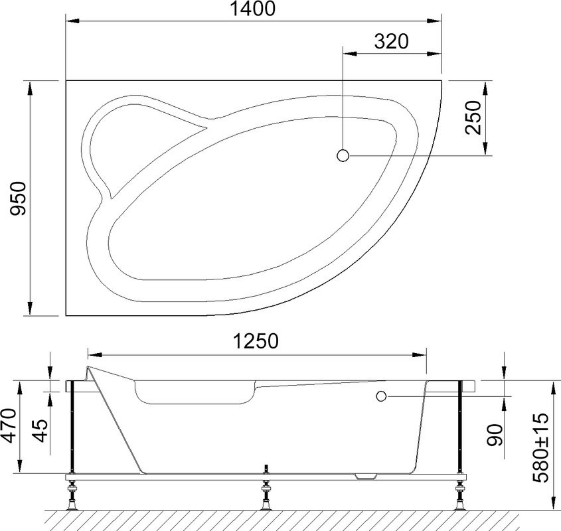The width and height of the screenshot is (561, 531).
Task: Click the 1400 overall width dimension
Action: [x=252, y=10]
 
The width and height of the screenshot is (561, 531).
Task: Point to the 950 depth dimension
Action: [x=16, y=198]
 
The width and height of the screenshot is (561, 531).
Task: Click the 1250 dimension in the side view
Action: [x=256, y=341]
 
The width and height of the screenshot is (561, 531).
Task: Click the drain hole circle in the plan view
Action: [x=343, y=155]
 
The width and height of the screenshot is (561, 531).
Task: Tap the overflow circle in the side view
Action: [x=380, y=397]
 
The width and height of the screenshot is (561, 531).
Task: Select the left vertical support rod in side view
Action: [x=72, y=429]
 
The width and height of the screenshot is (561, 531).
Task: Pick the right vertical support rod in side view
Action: [x=459, y=429]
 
